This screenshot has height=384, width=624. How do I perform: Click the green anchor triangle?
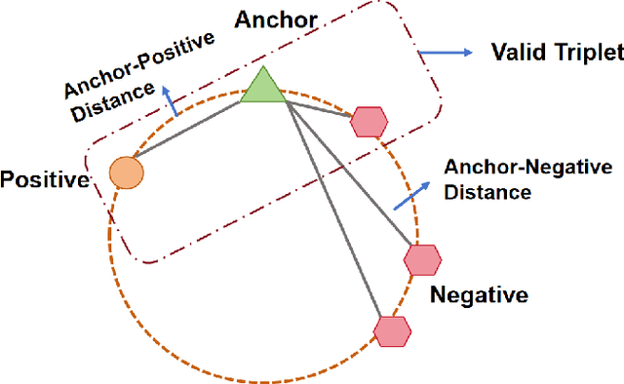pos(261,88)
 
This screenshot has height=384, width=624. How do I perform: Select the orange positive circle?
pos(126,173)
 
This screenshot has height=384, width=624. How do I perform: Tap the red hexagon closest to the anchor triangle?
pos(369,122)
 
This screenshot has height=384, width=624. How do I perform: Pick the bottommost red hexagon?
pos(392,330)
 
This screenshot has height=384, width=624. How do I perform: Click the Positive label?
pos(45,180)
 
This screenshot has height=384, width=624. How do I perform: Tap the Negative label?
pos(478,294)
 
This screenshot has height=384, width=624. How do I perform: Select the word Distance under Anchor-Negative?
pos(487,192)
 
